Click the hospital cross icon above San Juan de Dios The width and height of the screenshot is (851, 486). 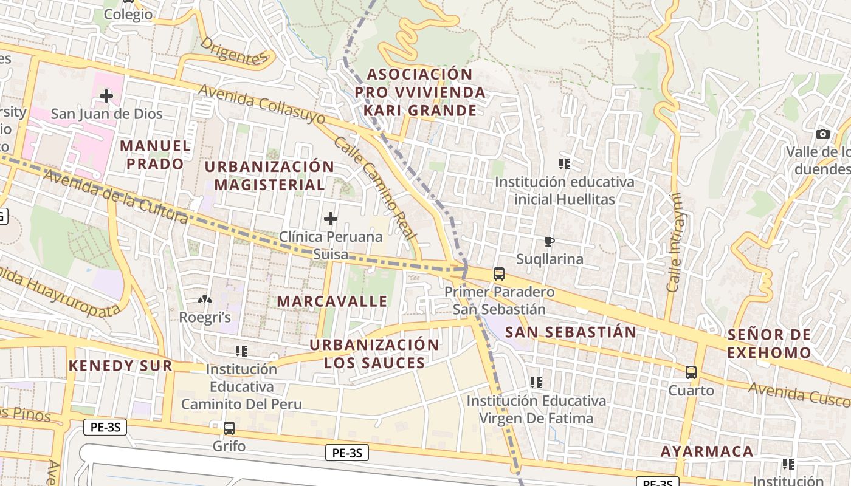point(106,95)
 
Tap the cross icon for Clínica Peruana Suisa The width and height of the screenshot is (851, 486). point(331,218)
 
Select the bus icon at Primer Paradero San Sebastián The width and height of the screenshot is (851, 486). point(499,274)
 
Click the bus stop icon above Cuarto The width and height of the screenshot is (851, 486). point(691,372)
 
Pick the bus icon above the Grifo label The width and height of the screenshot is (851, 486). point(229,428)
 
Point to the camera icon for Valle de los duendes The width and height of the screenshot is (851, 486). point(823,134)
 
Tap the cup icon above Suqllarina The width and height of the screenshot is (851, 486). point(550,242)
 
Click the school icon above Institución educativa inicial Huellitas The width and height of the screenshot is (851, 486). point(565,164)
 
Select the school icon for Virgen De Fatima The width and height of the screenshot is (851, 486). point(536,383)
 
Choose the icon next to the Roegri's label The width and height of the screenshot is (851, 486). point(205,299)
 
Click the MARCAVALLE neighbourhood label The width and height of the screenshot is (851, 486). point(332,301)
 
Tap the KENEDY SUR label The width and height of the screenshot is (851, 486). point(120,366)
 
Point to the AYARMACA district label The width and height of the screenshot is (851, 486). point(707,451)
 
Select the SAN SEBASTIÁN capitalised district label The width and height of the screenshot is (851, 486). point(571,332)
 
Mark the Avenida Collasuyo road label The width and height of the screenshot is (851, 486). point(262,104)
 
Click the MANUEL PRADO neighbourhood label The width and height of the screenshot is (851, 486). point(156,155)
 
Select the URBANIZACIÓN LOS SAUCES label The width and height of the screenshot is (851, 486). point(374,354)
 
